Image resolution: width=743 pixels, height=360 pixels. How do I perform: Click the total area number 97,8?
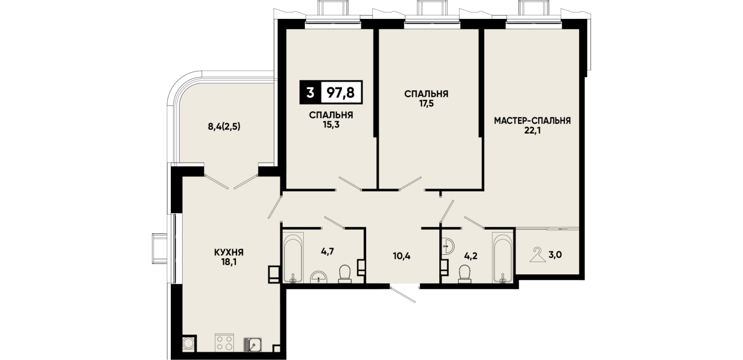coord(341,93)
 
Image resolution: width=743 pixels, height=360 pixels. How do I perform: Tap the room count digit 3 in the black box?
coord(310,93)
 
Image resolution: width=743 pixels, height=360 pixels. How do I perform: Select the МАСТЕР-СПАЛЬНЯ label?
coord(532,121)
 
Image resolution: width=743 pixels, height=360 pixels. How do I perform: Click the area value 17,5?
coord(426,103)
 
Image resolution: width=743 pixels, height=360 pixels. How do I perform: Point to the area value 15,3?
coord(331,125)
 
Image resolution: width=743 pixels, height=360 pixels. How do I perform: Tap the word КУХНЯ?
coord(229,253)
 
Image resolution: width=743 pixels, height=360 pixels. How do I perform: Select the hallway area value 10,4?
coord(401,256)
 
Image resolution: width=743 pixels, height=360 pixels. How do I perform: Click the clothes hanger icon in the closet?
coord(537,255)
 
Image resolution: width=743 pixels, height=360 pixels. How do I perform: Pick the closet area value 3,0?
coord(555,255)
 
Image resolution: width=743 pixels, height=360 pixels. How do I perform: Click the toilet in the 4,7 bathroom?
coord(345,274)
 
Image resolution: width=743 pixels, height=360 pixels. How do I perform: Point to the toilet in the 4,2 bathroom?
coord(465,274)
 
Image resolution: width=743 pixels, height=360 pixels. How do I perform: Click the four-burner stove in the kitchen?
coord(224,342)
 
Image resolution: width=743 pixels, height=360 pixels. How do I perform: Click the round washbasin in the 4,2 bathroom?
coord(448,246)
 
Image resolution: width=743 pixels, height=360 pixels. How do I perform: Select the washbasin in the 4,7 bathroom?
coord(319,277)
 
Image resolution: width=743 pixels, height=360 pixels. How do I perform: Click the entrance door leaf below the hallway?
coord(403,294)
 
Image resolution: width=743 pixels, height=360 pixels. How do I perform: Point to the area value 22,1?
coord(532,130)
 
